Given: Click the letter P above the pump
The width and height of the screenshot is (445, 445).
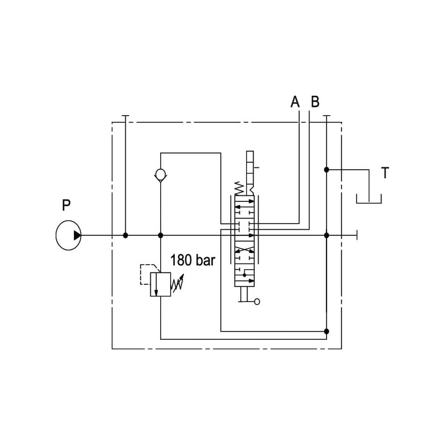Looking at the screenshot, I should pyautogui.click(x=66, y=206).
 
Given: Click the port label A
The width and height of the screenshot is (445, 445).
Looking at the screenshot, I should pyautogui.click(x=295, y=102).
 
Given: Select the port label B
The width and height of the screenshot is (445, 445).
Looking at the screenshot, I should pyautogui.click(x=315, y=102).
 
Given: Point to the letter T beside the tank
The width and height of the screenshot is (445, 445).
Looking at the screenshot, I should pyautogui.click(x=385, y=173).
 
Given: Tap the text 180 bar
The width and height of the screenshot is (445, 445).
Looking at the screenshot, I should pyautogui.click(x=192, y=260).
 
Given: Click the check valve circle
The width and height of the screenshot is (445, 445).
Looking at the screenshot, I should pyautogui.click(x=160, y=175).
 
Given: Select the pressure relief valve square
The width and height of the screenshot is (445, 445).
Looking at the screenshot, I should pyautogui.click(x=160, y=284).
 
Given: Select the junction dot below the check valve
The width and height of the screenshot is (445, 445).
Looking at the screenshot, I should pyautogui.click(x=160, y=235).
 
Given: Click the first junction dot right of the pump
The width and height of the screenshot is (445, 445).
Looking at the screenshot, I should pyautogui.click(x=126, y=235).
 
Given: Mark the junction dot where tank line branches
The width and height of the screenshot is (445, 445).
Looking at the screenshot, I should pyautogui.click(x=327, y=169).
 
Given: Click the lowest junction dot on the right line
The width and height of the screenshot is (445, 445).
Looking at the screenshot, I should pyautogui.click(x=327, y=331).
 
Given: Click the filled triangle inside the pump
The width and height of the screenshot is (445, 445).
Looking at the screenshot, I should pyautogui.click(x=77, y=235).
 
